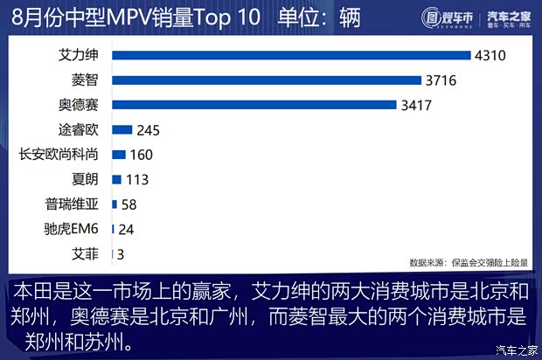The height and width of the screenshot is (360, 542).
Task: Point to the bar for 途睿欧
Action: [x=122, y=130]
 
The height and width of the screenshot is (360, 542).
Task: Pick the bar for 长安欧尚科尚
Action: [x=119, y=155]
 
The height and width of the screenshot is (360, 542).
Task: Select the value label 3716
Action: [x=443, y=80]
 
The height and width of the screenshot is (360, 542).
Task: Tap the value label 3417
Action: [x=419, y=106]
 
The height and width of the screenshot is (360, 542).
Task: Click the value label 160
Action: [x=142, y=155]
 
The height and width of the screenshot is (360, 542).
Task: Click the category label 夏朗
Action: [x=85, y=180]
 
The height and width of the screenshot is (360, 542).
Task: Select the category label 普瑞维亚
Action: [x=72, y=204]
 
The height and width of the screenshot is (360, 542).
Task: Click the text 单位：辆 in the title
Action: [x=318, y=17]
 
